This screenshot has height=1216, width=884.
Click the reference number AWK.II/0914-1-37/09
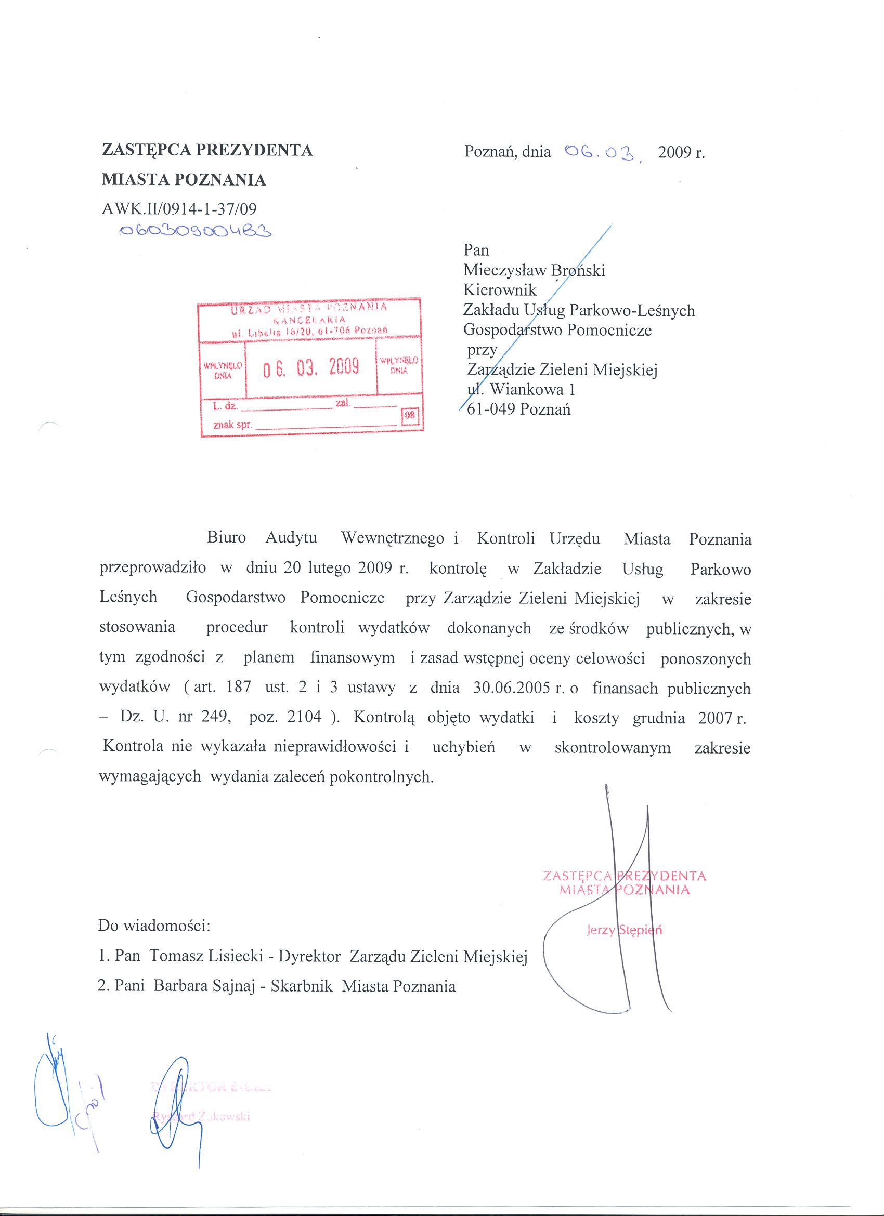(179, 208)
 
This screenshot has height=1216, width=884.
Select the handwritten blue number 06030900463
(195, 231)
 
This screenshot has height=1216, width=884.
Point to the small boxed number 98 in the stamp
(410, 415)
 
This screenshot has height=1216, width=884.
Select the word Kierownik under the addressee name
(499, 290)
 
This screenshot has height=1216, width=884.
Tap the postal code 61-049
(491, 409)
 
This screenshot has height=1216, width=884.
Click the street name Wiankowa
(519, 389)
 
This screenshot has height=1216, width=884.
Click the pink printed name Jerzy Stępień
(625, 930)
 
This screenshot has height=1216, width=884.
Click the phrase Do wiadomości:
(153, 926)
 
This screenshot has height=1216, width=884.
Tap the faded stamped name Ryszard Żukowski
(202, 1117)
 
